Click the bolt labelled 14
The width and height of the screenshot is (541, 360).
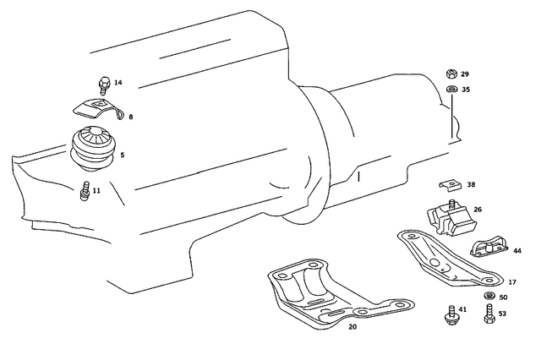[102, 84]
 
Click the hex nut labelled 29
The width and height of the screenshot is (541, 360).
[452, 75]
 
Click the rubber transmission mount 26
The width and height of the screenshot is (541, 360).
[449, 218]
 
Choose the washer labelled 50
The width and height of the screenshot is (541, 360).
[489, 297]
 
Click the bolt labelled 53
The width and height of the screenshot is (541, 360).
[489, 316]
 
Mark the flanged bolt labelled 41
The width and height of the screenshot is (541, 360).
[448, 314]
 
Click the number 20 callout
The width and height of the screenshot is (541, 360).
[352, 325]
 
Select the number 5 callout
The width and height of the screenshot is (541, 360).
[123, 155]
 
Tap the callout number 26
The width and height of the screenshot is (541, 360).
[478, 210]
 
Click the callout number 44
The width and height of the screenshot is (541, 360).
[517, 251]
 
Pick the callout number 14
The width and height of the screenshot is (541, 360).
[118, 83]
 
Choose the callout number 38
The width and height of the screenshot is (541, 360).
[471, 184]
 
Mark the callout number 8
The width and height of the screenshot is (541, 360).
[130, 117]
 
